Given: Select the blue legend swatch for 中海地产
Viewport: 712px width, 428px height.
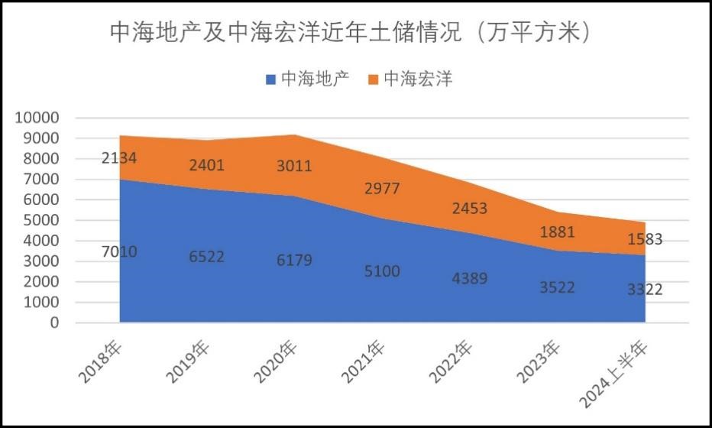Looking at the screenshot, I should click(270, 79).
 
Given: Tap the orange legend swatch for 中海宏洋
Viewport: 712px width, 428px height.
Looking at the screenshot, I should click(374, 79).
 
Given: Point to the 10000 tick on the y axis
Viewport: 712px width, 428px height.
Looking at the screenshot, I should click(36, 118).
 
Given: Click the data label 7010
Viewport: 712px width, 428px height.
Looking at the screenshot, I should click(119, 251).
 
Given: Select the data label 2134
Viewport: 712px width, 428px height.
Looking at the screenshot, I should click(119, 158).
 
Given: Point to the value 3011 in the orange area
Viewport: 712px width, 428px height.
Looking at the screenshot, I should click(294, 166).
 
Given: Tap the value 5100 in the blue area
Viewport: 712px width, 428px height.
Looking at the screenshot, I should click(382, 271).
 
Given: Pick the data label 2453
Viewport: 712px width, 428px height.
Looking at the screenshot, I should click(469, 209).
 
